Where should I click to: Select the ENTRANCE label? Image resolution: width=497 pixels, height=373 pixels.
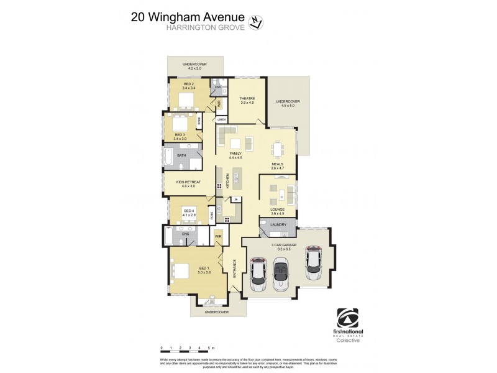pyautogui.click(x=235, y=268)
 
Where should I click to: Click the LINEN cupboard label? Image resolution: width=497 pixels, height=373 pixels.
pyautogui.click(x=221, y=118)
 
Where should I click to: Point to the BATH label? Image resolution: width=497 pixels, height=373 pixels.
pyautogui.click(x=181, y=155)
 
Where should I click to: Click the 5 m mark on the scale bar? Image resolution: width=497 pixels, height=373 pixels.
pyautogui.click(x=211, y=348)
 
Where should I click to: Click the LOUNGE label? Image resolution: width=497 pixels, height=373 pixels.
pyautogui.click(x=278, y=210)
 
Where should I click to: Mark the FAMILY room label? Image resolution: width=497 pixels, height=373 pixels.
pyautogui.click(x=235, y=154)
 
